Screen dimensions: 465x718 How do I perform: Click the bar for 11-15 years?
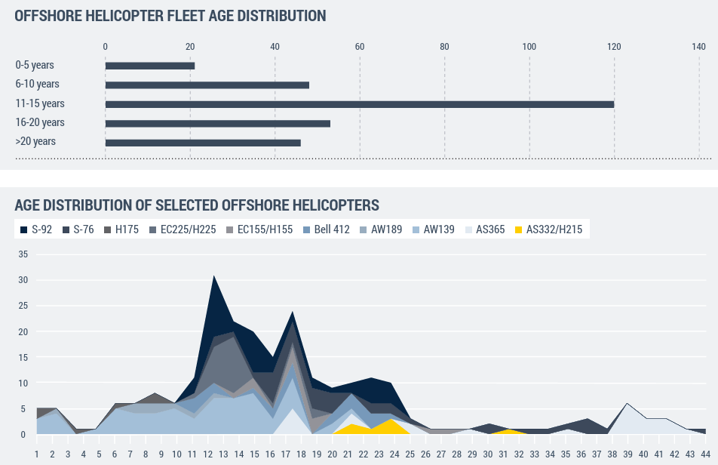359,104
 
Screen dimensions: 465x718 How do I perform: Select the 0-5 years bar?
150,66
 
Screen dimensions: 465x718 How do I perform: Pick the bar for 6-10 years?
207,85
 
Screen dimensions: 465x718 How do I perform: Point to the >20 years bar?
203,143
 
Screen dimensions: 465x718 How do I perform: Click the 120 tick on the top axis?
614,47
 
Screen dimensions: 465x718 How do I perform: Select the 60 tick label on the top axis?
360,47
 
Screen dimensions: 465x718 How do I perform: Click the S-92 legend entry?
37,229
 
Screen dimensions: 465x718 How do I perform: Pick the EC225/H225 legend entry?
183,229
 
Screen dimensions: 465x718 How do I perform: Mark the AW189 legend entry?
381,229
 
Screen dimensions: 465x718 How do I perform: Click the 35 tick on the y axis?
23,254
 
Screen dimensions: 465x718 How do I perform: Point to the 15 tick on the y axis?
23,358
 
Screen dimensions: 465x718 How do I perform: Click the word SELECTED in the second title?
187,205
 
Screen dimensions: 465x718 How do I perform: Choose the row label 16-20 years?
40,122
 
